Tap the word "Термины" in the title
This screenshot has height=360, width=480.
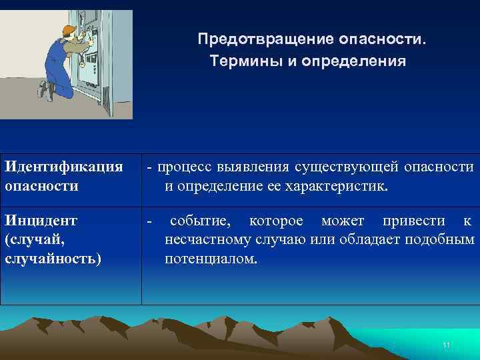242,62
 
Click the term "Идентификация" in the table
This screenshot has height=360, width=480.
63,165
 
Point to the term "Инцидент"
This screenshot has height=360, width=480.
41,221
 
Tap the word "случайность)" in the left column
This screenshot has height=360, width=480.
53,258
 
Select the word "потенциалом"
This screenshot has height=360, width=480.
210,259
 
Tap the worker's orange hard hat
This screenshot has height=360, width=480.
69,30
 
